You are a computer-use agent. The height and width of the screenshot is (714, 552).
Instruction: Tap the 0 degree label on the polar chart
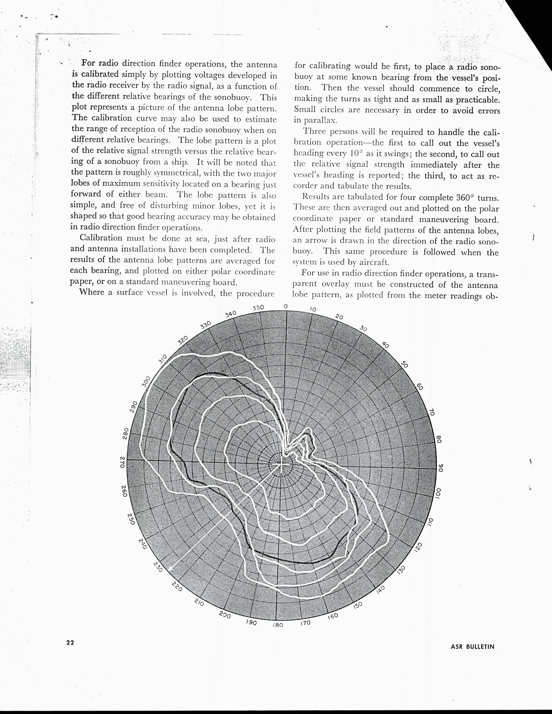click(x=286, y=306)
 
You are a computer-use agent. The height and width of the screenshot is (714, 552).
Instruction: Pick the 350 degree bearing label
click(x=258, y=308)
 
